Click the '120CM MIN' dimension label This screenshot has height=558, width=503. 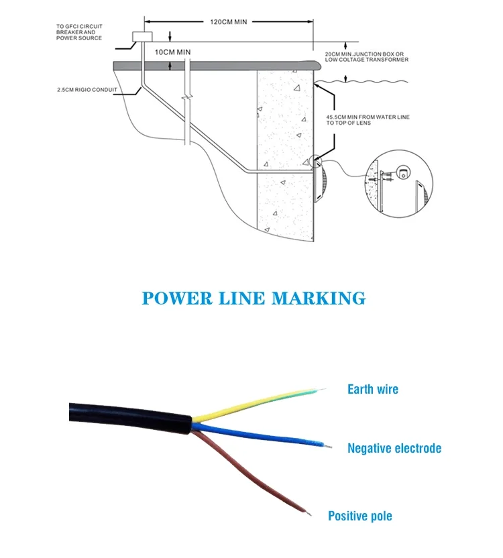coord(228,22)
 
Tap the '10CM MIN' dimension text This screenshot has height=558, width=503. coord(173,52)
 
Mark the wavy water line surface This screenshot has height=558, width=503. coord(376,82)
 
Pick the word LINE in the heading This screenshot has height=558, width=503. coord(245,298)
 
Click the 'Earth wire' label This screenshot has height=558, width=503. coord(372,389)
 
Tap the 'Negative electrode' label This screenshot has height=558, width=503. coord(394,448)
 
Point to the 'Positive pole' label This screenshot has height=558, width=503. coord(360,516)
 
